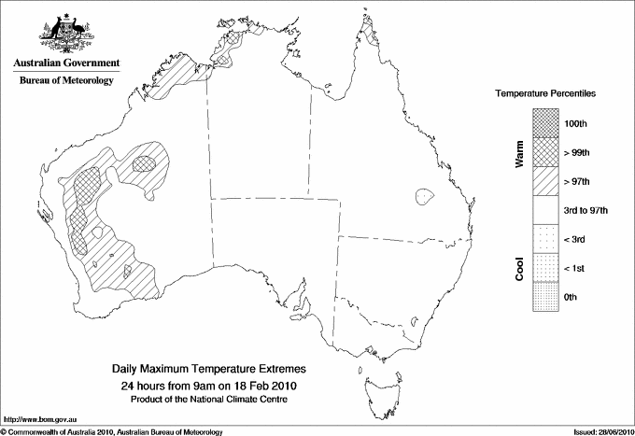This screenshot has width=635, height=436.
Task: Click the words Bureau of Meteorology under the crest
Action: click(65, 81)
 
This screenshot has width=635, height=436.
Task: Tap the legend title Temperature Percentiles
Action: click(545, 94)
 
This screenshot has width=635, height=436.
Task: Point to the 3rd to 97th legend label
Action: click(586, 211)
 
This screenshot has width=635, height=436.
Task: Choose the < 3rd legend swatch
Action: click(545, 240)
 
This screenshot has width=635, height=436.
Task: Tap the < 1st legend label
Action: click(575, 269)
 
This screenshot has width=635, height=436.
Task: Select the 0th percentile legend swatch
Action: click(545, 297)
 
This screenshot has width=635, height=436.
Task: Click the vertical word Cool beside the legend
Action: click(520, 269)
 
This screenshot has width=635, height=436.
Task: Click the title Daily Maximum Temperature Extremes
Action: click(209, 370)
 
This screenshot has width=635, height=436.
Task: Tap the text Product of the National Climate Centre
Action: click(209, 399)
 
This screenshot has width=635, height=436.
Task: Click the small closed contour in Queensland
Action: click(425, 197)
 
